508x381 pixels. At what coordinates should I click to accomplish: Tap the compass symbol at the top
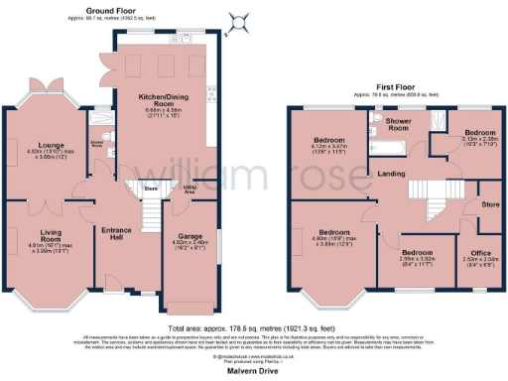click(236, 21)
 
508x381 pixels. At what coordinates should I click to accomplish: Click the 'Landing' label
click(389, 175)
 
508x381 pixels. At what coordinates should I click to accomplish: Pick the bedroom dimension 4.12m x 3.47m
click(328, 150)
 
